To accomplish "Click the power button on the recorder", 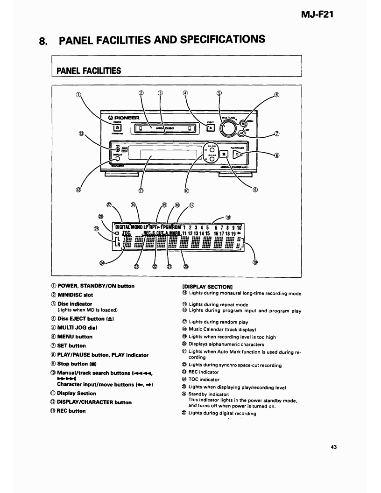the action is tap(118, 127).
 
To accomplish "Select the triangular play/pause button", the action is tap(239, 153).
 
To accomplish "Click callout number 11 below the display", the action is tap(141, 190).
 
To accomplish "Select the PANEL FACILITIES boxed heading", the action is tap(89, 70).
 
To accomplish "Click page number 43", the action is tap(333, 447).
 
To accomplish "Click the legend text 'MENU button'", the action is tap(75, 336).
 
